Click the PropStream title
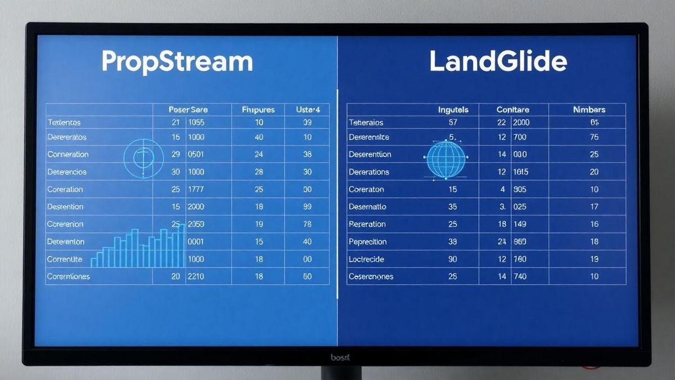click(177, 62)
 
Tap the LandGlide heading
click(498, 62)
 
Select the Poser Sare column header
click(188, 110)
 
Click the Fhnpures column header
click(258, 110)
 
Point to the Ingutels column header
click(453, 110)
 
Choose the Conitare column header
click(512, 110)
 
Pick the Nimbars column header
click(589, 110)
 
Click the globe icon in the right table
click(447, 159)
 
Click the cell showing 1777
click(196, 189)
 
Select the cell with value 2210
click(196, 276)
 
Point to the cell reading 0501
click(196, 154)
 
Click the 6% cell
click(595, 122)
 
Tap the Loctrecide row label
click(366, 259)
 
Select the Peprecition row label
click(367, 242)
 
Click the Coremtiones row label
click(69, 276)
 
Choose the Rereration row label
click(367, 224)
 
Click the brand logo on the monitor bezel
click(340, 357)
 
